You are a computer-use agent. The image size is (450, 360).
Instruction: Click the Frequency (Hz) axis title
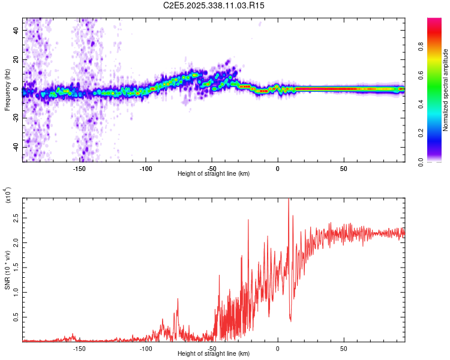(8, 90)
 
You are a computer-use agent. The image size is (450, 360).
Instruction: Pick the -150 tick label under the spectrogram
(79, 169)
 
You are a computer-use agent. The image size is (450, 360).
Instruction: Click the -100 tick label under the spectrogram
(145, 169)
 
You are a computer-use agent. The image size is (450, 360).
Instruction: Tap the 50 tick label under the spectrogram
(343, 169)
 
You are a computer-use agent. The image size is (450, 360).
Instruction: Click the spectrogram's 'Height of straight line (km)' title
(214, 174)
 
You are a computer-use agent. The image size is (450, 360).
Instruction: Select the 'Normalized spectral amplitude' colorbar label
(446, 90)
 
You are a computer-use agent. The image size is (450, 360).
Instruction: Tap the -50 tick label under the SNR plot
(211, 349)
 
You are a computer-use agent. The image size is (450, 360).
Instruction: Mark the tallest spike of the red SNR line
(289, 200)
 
